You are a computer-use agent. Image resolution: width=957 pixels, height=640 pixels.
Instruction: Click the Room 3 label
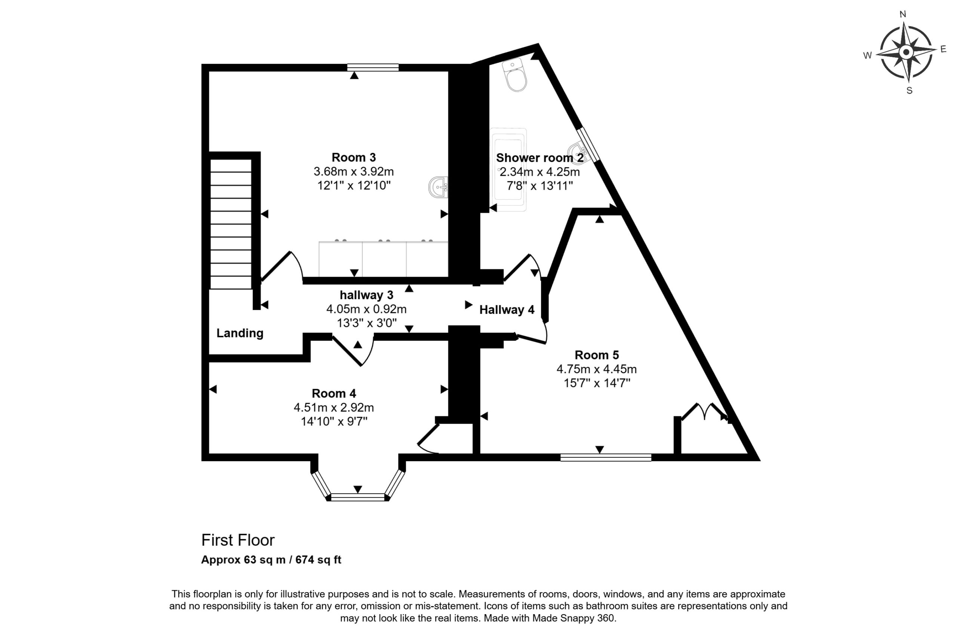point(353,157)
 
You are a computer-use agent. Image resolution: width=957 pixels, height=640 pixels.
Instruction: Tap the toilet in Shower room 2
point(515,75)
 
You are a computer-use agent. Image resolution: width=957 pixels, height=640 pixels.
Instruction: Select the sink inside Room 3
point(438,187)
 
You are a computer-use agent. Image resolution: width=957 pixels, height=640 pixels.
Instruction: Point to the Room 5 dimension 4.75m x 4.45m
point(596,369)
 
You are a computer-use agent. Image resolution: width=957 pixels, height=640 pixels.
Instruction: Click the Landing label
point(240,333)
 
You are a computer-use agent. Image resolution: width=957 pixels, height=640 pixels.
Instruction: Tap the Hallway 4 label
point(507,310)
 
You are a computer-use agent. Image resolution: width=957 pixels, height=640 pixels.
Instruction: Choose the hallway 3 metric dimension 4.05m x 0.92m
point(366,309)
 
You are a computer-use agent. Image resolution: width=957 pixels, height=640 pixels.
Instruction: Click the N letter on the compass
point(902,14)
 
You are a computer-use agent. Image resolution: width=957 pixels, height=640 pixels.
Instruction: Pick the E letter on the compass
point(943,49)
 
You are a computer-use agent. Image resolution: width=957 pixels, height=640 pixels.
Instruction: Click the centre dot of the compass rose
point(906,52)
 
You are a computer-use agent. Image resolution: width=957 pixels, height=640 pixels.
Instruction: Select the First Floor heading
point(238,540)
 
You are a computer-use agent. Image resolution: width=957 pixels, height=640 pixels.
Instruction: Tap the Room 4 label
point(334,394)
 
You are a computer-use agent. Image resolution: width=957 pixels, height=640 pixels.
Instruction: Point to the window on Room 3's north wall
point(373,67)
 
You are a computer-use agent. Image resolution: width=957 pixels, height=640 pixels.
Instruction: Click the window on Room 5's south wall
point(606,457)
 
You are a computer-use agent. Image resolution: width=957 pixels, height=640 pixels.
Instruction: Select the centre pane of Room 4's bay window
point(357,497)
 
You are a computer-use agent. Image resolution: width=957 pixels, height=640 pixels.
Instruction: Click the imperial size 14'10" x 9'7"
point(334,421)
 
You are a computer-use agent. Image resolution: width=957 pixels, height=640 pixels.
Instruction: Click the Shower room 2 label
point(540,157)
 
